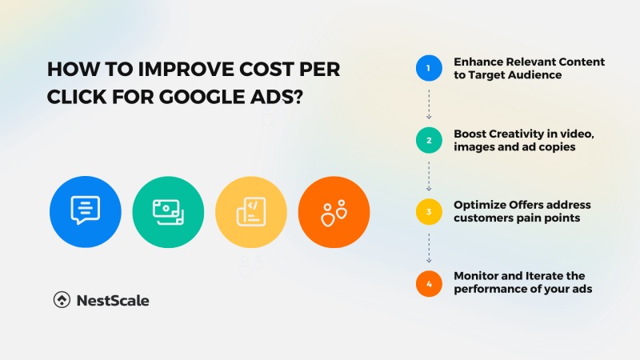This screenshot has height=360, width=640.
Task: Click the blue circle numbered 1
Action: point(429,69)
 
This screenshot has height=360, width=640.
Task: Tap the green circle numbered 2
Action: point(429,140)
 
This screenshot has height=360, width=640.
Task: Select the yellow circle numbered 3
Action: point(429,212)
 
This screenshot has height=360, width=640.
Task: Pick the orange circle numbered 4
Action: point(429,282)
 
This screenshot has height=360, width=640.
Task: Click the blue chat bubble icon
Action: point(85,211)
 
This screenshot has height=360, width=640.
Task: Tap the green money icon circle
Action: point(167,211)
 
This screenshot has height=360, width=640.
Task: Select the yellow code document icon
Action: point(250,211)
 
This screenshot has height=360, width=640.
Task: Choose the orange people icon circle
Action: point(333,211)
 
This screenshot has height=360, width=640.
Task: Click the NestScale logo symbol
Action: point(61,301)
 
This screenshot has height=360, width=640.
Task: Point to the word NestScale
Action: point(112,301)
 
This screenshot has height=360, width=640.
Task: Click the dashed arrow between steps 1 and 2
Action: point(429,104)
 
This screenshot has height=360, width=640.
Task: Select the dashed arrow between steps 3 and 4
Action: point(429,248)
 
